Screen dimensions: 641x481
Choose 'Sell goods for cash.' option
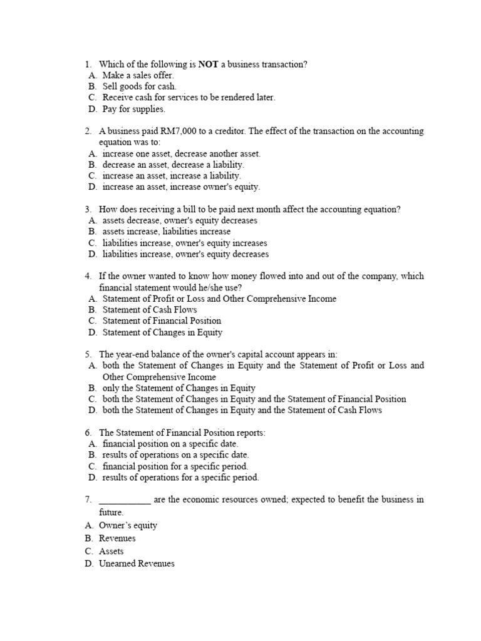coord(139,86)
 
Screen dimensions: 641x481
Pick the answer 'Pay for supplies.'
coord(133,109)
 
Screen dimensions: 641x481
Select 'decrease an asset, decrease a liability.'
coord(173,165)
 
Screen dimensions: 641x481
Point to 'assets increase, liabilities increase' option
coord(166,232)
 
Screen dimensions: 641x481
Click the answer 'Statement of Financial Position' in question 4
coord(162,320)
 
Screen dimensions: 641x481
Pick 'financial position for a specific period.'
coord(175,466)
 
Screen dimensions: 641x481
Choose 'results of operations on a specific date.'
coord(175,455)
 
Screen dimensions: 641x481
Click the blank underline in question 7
coord(125,500)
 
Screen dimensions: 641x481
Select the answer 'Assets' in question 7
coord(111,551)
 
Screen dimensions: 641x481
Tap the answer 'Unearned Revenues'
coord(137,564)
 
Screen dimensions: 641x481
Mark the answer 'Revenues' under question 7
coord(117,538)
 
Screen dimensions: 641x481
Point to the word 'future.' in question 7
coord(111,511)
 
